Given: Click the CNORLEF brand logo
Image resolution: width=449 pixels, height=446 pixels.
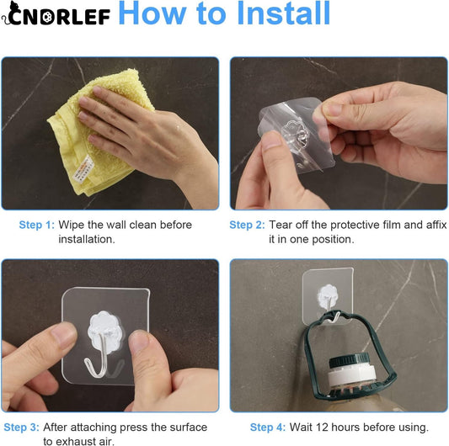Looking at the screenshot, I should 56,16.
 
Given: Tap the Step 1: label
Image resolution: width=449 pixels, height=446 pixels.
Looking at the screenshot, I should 37,225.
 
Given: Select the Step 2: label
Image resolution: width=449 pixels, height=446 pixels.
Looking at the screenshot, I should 247,225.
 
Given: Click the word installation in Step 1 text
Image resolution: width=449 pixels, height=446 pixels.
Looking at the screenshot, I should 86,239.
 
